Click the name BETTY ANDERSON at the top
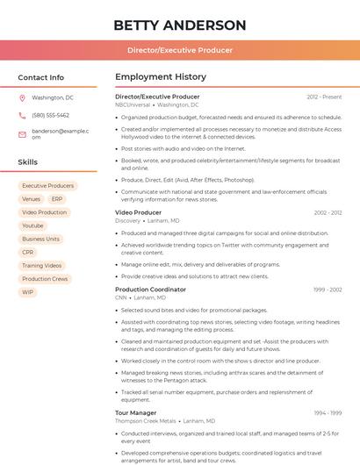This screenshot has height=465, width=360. (x=180, y=25)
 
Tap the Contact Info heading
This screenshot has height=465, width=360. (x=40, y=77)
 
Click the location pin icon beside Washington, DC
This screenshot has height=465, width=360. (x=22, y=98)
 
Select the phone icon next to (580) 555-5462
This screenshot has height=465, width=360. (x=22, y=115)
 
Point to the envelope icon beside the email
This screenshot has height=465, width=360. (x=22, y=134)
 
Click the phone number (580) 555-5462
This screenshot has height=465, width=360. (x=50, y=115)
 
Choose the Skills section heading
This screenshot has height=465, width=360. (x=28, y=162)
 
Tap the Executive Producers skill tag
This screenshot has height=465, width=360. (x=48, y=186)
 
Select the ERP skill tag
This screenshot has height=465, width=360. (x=57, y=199)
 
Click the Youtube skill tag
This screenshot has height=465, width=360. (x=32, y=225)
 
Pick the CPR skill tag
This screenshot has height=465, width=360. (x=28, y=252)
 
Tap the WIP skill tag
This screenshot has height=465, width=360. (x=28, y=292)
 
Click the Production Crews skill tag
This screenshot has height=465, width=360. (x=45, y=279)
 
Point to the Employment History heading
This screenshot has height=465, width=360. (x=161, y=77)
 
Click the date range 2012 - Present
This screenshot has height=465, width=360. (x=324, y=97)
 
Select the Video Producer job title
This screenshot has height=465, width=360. (x=139, y=212)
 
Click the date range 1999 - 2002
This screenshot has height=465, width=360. (x=326, y=290)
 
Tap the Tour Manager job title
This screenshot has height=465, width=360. (x=136, y=412)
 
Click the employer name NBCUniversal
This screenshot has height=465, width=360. (x=133, y=104)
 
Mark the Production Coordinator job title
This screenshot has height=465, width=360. (x=151, y=290)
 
